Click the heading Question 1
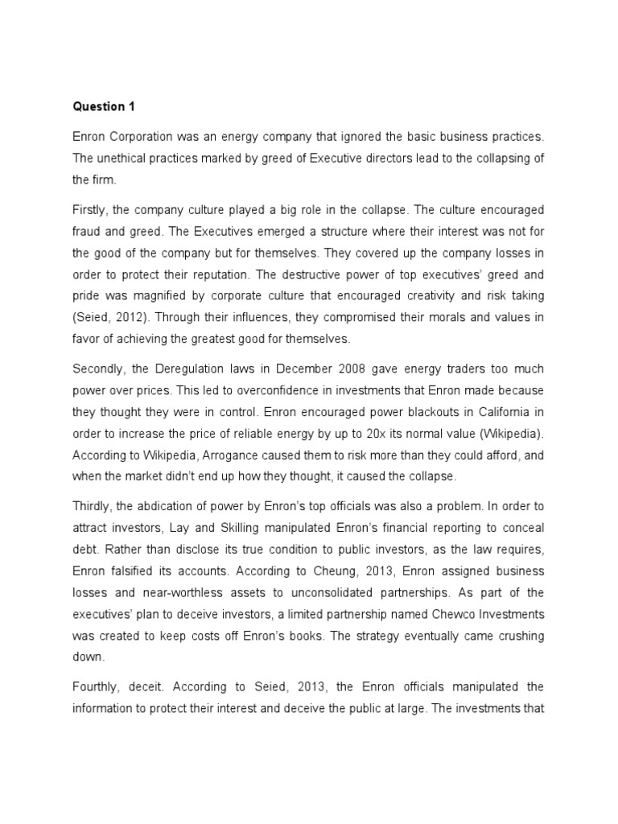coord(99,106)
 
